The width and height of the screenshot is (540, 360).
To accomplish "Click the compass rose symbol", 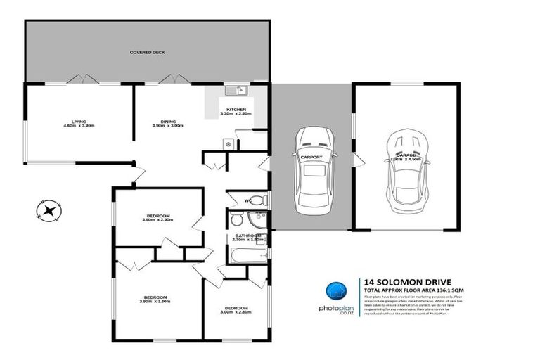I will tap(50, 210).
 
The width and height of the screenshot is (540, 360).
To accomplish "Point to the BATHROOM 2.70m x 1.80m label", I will tap(249, 238).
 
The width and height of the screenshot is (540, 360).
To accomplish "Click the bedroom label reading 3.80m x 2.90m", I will tap(157, 218).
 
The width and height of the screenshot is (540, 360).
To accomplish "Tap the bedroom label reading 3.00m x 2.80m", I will tap(235, 310).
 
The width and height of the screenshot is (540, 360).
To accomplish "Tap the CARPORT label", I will tap(311, 157).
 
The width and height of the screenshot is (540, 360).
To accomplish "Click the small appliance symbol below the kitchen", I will tap(227, 143).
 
